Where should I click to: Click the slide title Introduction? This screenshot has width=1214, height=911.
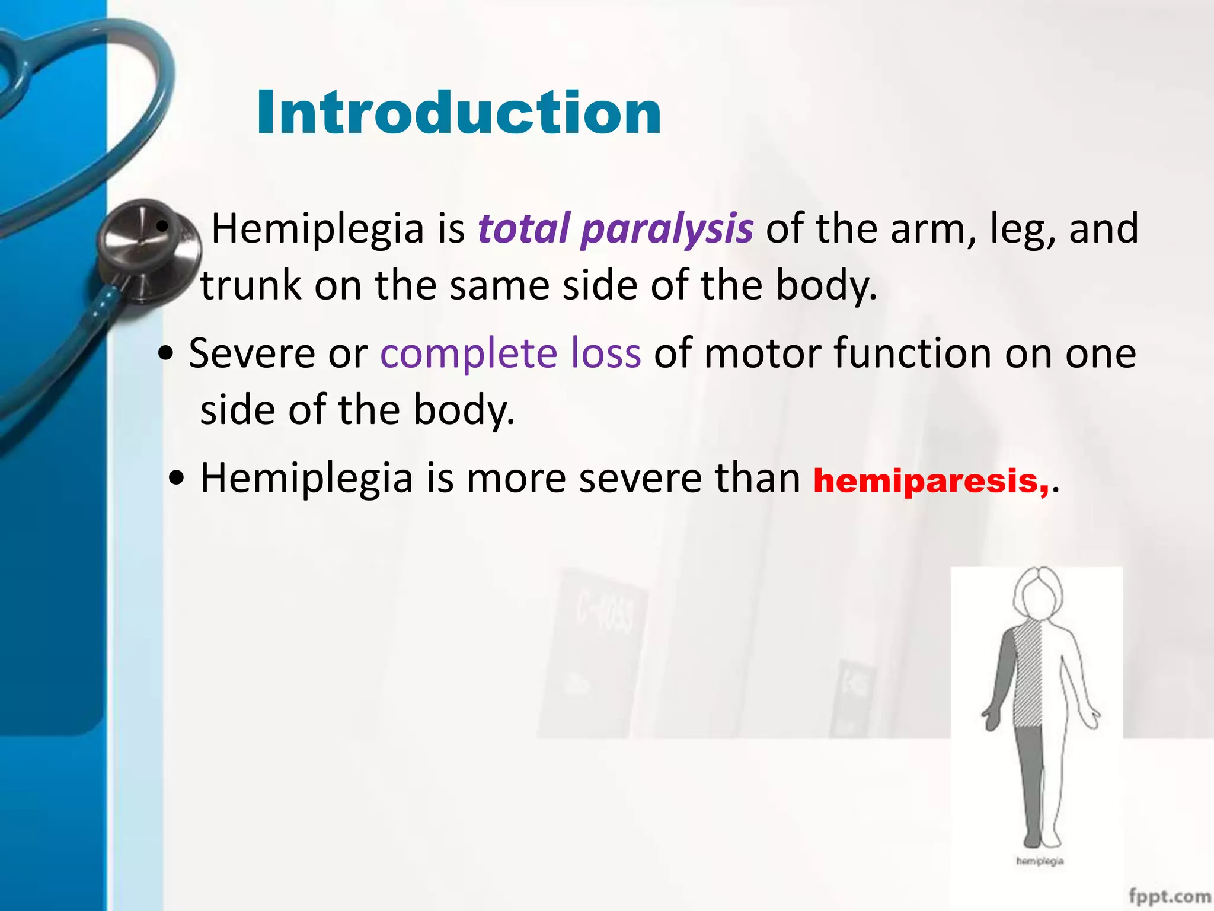coord(459,113)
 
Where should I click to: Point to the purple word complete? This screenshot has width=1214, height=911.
coord(468,353)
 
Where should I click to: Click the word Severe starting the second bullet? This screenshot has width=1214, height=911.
coord(251,353)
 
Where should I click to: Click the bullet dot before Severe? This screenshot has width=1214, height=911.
coord(166,354)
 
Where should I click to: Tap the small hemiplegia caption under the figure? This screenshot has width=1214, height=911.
coord(1039,861)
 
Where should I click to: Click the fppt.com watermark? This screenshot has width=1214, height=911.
coord(1170,896)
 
